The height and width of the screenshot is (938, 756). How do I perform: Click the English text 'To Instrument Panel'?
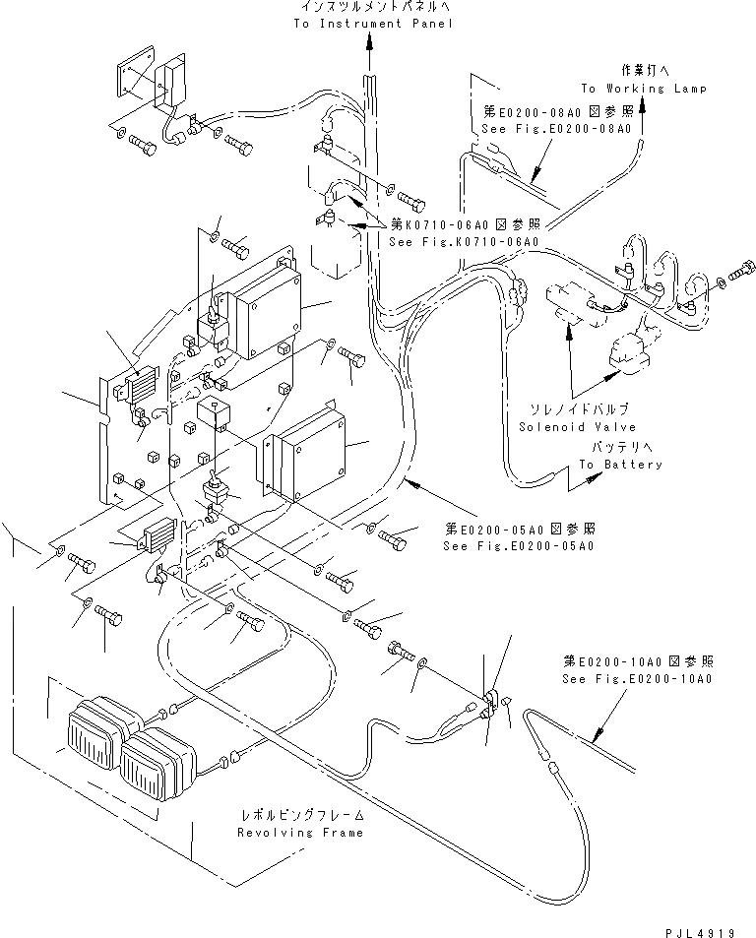[373, 23]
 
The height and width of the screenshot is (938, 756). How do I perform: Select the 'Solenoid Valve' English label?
[577, 426]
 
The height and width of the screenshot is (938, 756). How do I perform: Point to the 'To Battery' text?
[620, 464]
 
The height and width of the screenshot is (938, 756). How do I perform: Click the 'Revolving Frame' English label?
[299, 832]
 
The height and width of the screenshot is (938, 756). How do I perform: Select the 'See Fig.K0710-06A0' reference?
[463, 241]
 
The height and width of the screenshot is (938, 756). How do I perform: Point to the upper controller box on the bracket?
[262, 312]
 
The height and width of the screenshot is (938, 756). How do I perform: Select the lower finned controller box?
[305, 454]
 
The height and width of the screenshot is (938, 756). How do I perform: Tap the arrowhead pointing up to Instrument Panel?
[370, 41]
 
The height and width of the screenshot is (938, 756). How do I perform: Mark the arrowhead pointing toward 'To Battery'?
[593, 477]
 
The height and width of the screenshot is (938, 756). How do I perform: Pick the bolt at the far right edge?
[744, 267]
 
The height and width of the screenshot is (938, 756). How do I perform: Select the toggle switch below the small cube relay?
[212, 489]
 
